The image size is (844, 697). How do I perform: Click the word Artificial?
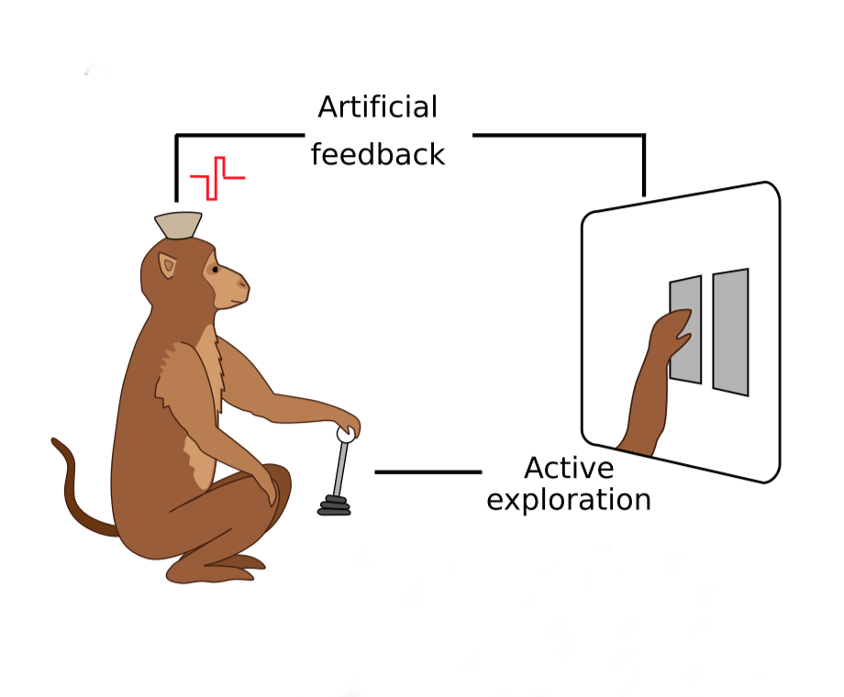point(377,108)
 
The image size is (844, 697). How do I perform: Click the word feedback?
point(377,154)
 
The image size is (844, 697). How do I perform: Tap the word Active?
point(569,469)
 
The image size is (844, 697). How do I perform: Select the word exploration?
point(569,501)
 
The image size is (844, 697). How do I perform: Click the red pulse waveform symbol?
point(217,177)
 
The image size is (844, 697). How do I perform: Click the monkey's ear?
point(169,267)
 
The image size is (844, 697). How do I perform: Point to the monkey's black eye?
point(215,270)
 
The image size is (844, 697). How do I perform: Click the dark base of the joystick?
point(334,505)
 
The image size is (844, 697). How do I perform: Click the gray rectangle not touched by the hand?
point(730,332)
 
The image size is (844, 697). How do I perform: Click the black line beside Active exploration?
point(428,472)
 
